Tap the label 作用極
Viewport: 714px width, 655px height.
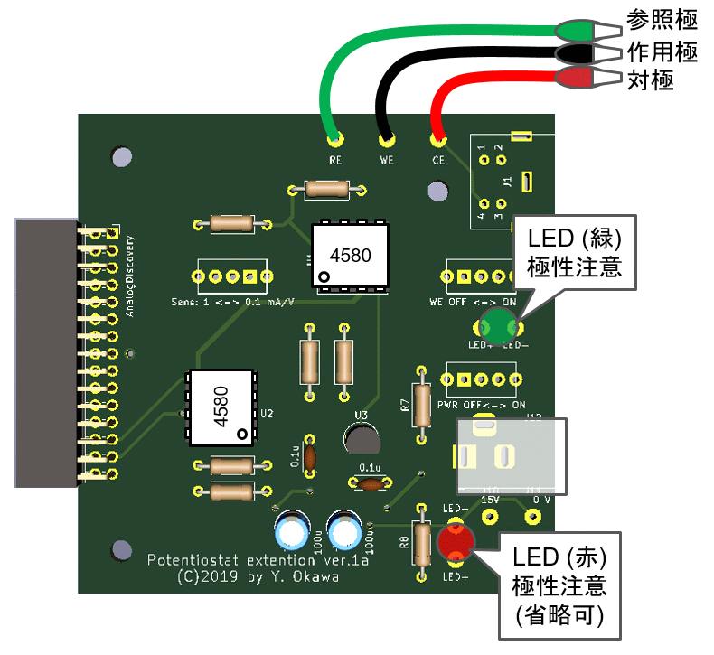tap(662, 52)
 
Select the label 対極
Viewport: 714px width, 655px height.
tap(651, 80)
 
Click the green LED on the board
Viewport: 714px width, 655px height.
tap(497, 323)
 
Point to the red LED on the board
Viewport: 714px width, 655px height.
tap(455, 542)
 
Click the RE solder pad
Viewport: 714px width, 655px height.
tap(335, 139)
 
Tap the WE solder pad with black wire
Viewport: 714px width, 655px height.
tap(388, 139)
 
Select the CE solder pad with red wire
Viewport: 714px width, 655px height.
tap(438, 139)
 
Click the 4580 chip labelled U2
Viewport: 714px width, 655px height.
tap(222, 407)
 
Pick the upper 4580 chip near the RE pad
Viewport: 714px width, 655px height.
tap(351, 256)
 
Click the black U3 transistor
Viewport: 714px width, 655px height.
tap(362, 439)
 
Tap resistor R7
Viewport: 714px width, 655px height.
tap(422, 404)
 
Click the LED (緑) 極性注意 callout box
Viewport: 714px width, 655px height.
tap(576, 252)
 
